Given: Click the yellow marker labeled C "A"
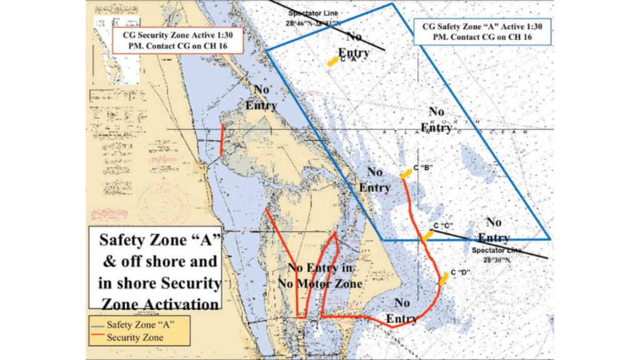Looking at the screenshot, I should click(332, 61).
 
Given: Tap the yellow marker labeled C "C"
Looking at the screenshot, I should click(427, 235).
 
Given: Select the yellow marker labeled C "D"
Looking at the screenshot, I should click(444, 278).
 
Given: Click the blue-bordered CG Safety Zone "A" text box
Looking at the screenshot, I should click(482, 31).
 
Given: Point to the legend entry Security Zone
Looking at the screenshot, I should click(135, 337).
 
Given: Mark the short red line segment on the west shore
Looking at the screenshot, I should click(222, 139).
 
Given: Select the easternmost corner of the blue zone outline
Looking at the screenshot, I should click(549, 239).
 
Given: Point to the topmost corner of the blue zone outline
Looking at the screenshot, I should click(392, 4).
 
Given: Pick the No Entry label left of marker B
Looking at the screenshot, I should click(375, 179).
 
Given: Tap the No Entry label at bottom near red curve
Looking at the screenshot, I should click(402, 311).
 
